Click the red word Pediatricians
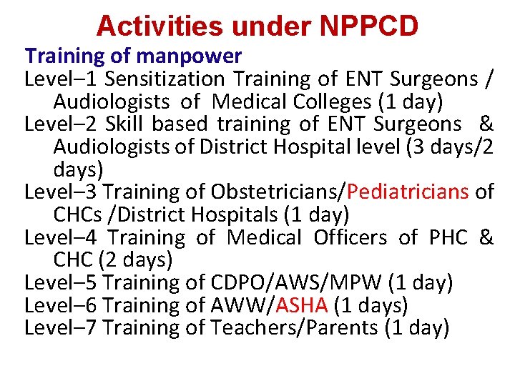pos(408,192)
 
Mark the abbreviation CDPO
pos(234,282)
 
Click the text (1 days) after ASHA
pos(371,305)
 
